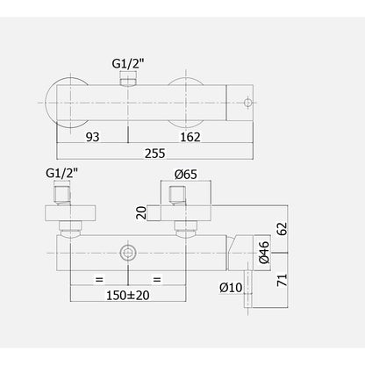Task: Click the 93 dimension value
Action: coord(93,137)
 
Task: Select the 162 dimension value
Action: coord(190,137)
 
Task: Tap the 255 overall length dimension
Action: coord(155,154)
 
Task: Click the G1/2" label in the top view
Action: coord(129,64)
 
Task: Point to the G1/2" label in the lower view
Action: coord(62,173)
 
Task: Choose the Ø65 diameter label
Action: coord(186,175)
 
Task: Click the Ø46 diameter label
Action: coord(264,253)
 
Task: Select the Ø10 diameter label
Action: coord(231,288)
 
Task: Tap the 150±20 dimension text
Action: coord(128,296)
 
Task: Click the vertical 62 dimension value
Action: coord(283,229)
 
